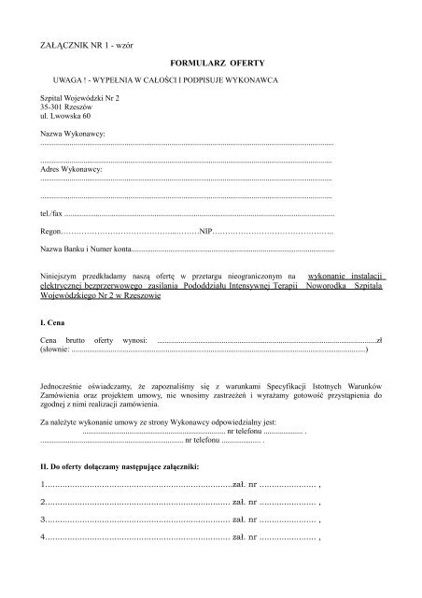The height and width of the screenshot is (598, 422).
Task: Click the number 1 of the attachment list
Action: (44, 486)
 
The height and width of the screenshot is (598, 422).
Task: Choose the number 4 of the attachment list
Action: (44, 538)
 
